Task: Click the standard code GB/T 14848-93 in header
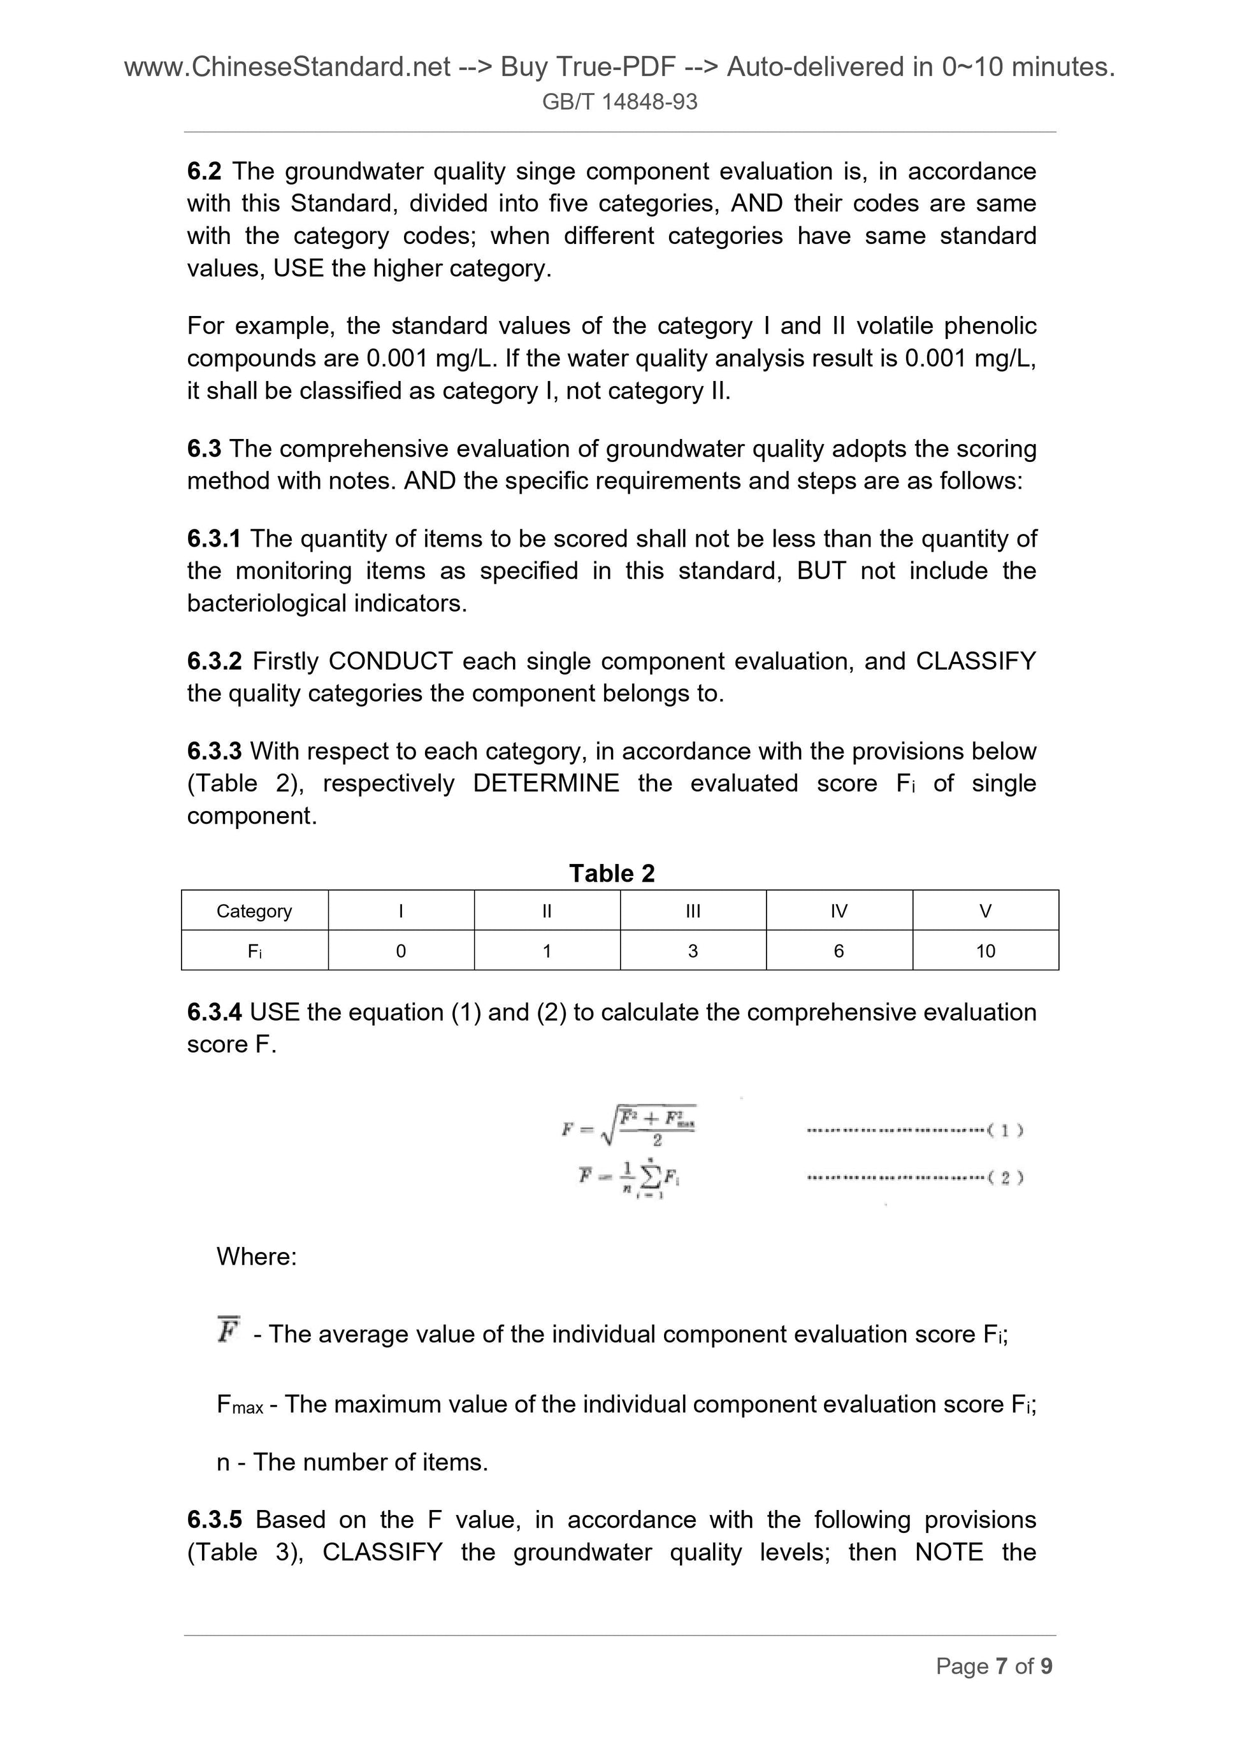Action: click(619, 101)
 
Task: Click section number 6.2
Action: click(203, 171)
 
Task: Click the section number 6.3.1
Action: click(213, 538)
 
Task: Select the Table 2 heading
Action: click(612, 873)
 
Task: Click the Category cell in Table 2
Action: click(254, 910)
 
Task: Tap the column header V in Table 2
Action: click(985, 910)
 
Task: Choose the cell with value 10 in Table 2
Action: click(985, 951)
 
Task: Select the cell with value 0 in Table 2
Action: click(400, 951)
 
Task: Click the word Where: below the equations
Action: click(256, 1256)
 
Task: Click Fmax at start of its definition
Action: click(239, 1404)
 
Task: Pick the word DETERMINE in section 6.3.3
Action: click(545, 783)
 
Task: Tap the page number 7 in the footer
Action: click(1001, 1665)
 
